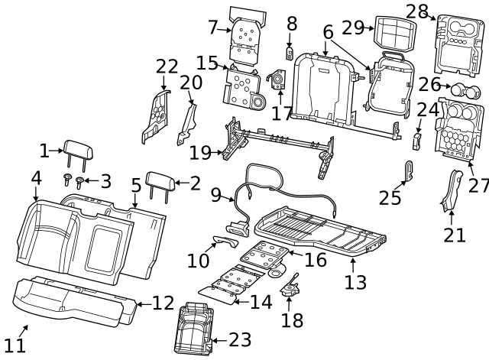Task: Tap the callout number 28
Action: coord(416,11)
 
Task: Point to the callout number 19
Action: coord(199,152)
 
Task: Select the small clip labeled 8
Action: coord(290,52)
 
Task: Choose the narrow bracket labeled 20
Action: coord(186,122)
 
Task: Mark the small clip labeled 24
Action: coord(418,140)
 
